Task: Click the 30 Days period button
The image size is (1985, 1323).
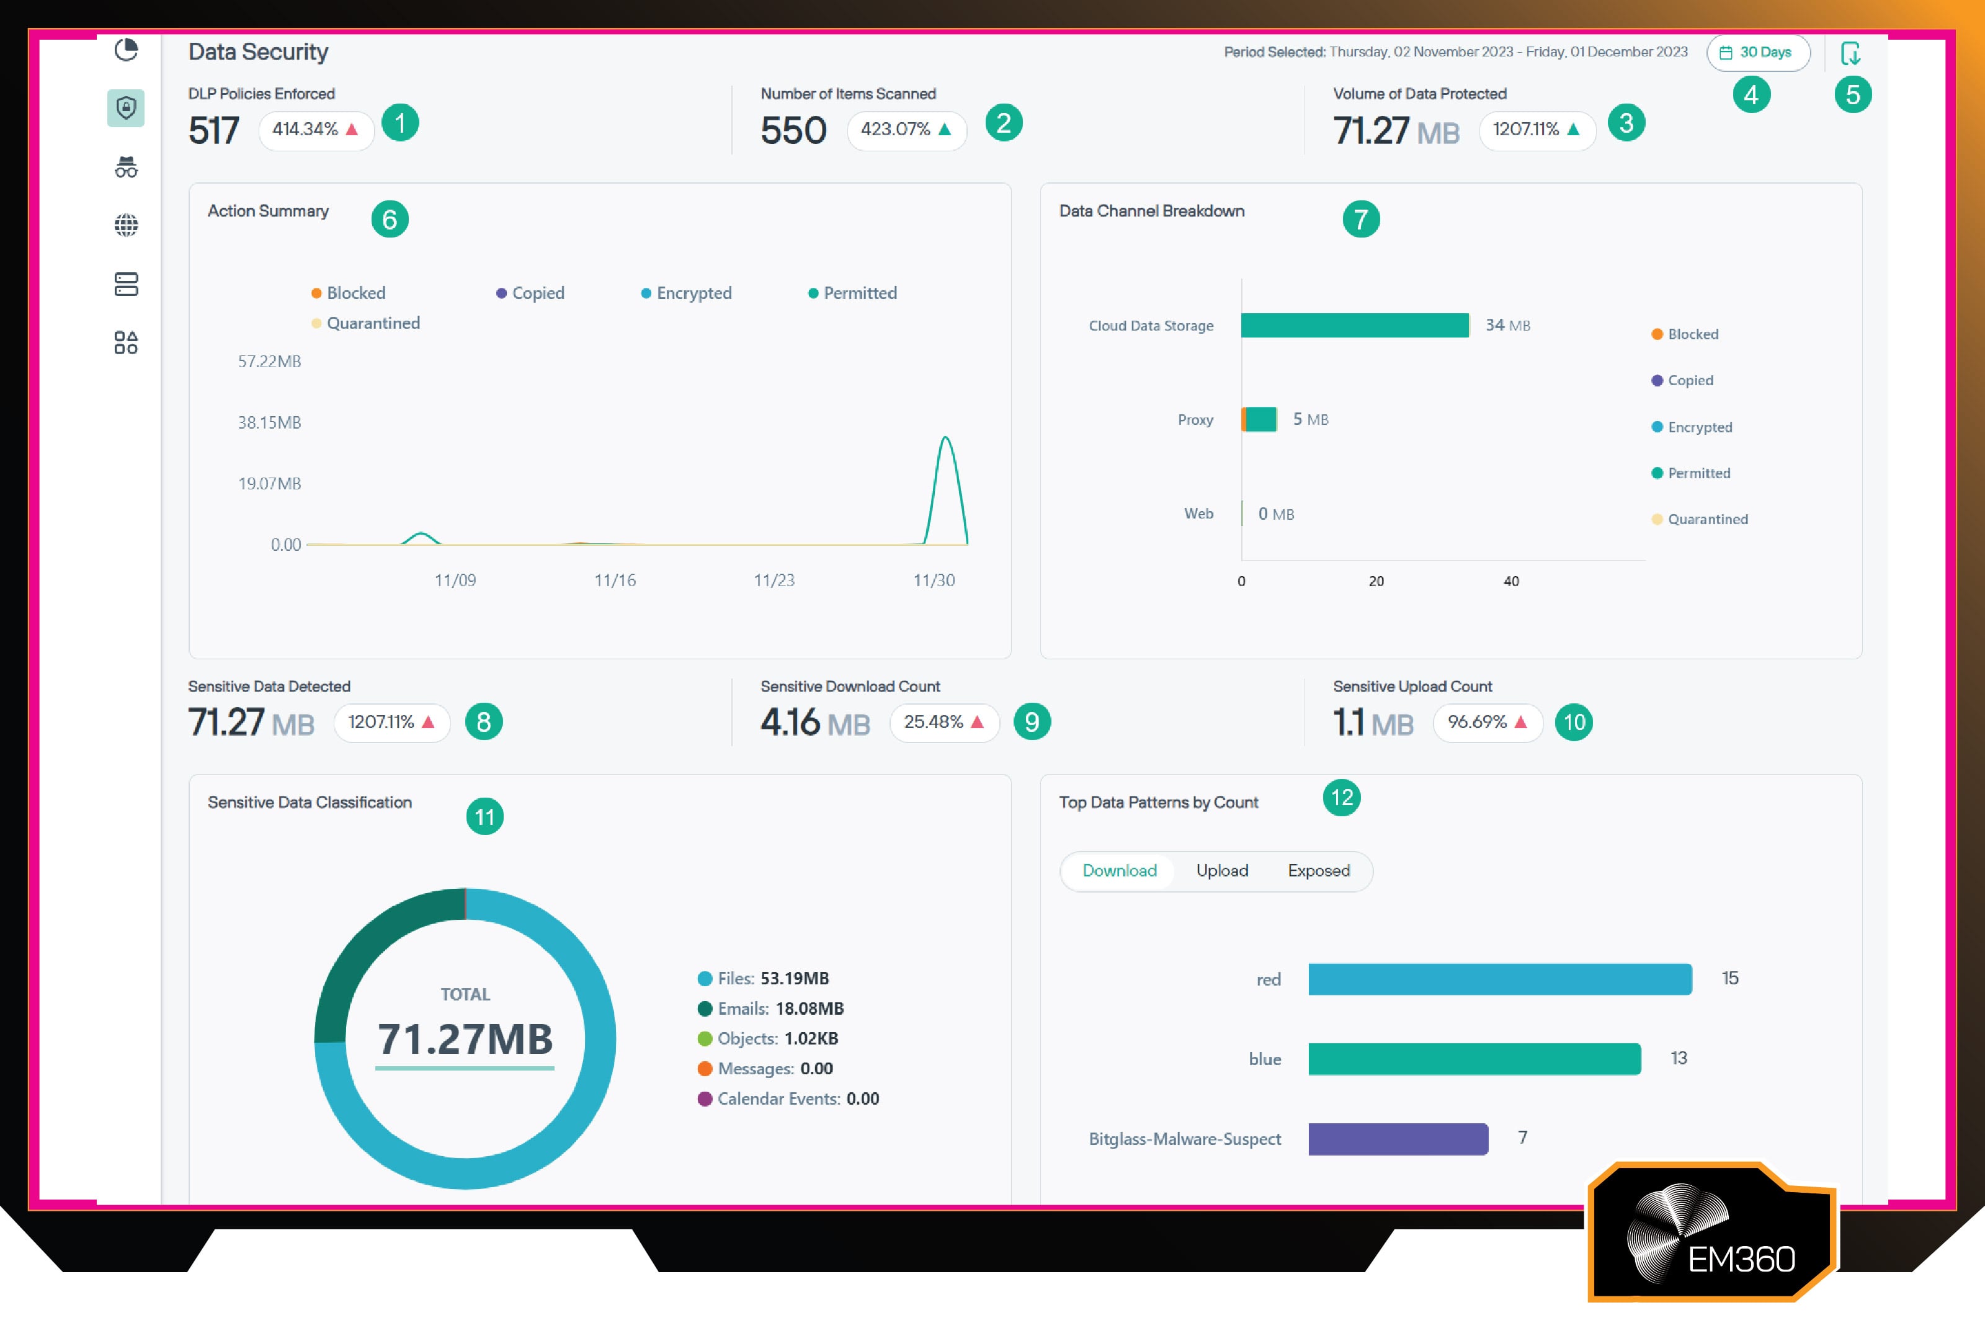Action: (1758, 52)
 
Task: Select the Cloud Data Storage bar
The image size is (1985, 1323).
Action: (1354, 325)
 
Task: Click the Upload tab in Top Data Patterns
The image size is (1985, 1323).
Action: (1221, 871)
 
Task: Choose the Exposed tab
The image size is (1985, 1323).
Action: (1318, 871)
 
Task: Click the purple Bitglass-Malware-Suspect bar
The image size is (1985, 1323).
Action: (1398, 1138)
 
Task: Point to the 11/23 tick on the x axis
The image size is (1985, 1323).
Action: (774, 580)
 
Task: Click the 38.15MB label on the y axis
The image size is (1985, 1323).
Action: (269, 423)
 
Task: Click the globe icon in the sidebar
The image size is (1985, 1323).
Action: (127, 225)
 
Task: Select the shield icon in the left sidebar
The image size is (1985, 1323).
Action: (127, 108)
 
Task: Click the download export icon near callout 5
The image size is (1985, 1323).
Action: (1850, 53)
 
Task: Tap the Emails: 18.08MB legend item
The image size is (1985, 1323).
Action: (771, 1009)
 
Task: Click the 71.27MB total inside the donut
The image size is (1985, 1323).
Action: (465, 1039)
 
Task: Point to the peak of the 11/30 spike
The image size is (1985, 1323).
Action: (946, 437)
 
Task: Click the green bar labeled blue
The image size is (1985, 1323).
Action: (1474, 1059)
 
